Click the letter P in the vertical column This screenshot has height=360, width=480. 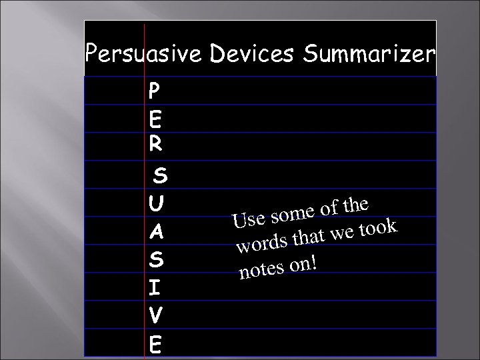(155, 90)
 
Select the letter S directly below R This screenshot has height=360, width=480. (160, 176)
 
